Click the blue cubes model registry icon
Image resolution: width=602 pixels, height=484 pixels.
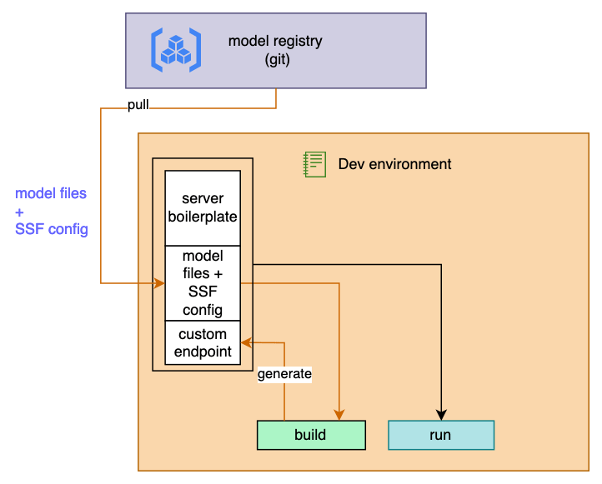pos(175,49)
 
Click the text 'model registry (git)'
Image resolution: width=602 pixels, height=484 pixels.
pos(274,50)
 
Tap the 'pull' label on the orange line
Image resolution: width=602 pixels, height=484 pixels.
pos(138,105)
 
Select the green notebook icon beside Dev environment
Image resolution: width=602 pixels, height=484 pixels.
pos(314,163)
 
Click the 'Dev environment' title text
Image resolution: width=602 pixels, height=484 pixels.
pos(394,164)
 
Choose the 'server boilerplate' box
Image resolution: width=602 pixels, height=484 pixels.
pos(203,207)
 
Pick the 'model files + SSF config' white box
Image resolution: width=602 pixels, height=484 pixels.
pos(203,283)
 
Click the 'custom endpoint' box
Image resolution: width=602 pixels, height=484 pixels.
pos(203,342)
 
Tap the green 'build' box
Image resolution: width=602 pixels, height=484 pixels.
pos(311,435)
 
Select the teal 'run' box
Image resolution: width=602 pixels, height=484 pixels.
pos(441,435)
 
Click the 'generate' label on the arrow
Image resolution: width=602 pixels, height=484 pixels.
pos(284,374)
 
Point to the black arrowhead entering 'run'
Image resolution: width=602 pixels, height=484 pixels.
pos(441,415)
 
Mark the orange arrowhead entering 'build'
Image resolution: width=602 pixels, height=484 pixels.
pos(339,415)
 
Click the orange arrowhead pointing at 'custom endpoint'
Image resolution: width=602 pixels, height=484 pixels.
pos(246,342)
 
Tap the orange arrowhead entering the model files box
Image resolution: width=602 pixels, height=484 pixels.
pos(159,284)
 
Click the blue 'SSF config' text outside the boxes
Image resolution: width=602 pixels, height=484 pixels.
pos(52,229)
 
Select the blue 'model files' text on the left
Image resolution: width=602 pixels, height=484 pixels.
pos(51,193)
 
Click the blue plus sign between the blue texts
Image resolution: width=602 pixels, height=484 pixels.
pos(20,212)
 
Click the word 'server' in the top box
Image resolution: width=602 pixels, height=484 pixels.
pos(203,199)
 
